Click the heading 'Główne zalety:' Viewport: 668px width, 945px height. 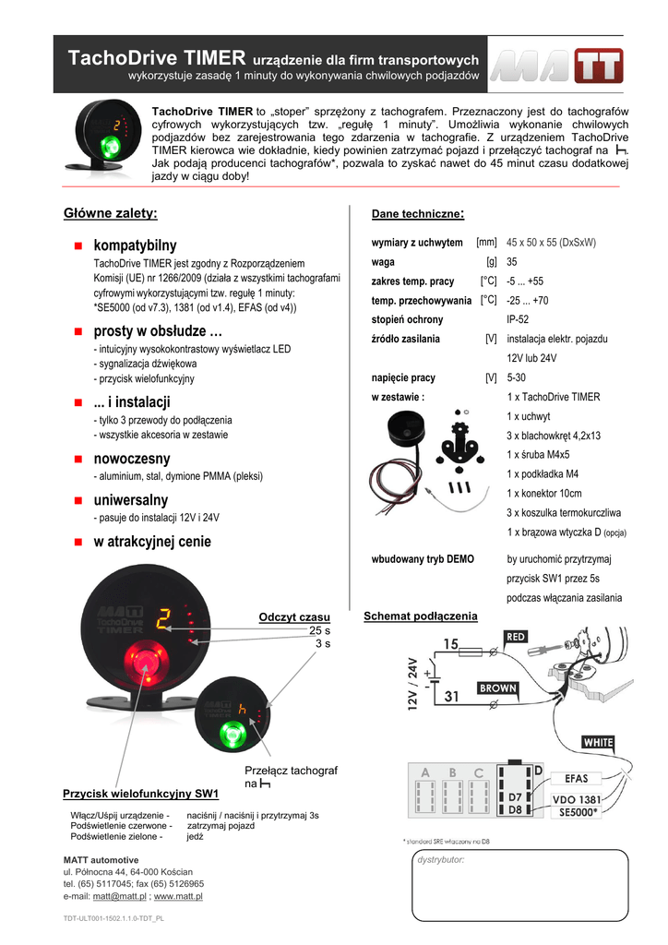pos(111,214)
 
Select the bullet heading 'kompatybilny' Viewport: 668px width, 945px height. pos(135,245)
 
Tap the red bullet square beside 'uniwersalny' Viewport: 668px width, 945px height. pos(79,500)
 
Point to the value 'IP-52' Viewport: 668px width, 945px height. pos(518,319)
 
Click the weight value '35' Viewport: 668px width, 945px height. pos(512,261)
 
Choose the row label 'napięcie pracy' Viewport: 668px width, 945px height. pos(403,377)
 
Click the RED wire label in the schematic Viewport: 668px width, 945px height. pos(515,637)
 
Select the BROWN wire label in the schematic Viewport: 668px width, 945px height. pos(497,688)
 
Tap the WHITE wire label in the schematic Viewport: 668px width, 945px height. pos(597,741)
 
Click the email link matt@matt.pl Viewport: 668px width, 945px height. pos(120,896)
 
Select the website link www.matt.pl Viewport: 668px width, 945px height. pos(178,896)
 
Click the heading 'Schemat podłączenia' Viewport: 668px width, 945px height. pos(421,616)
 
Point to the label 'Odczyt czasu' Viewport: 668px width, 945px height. pos(294,616)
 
